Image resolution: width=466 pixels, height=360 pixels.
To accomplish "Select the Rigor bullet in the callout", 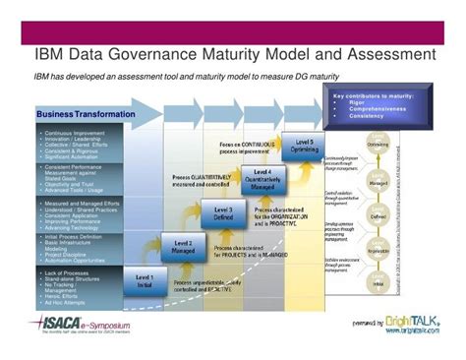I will pos(370,102).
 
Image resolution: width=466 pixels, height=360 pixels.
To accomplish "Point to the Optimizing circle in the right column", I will pos(378,144).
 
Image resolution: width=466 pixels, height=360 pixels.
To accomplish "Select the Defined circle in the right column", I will pos(378,213).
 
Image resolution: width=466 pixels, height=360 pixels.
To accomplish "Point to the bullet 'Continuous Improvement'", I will pos(69,131).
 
